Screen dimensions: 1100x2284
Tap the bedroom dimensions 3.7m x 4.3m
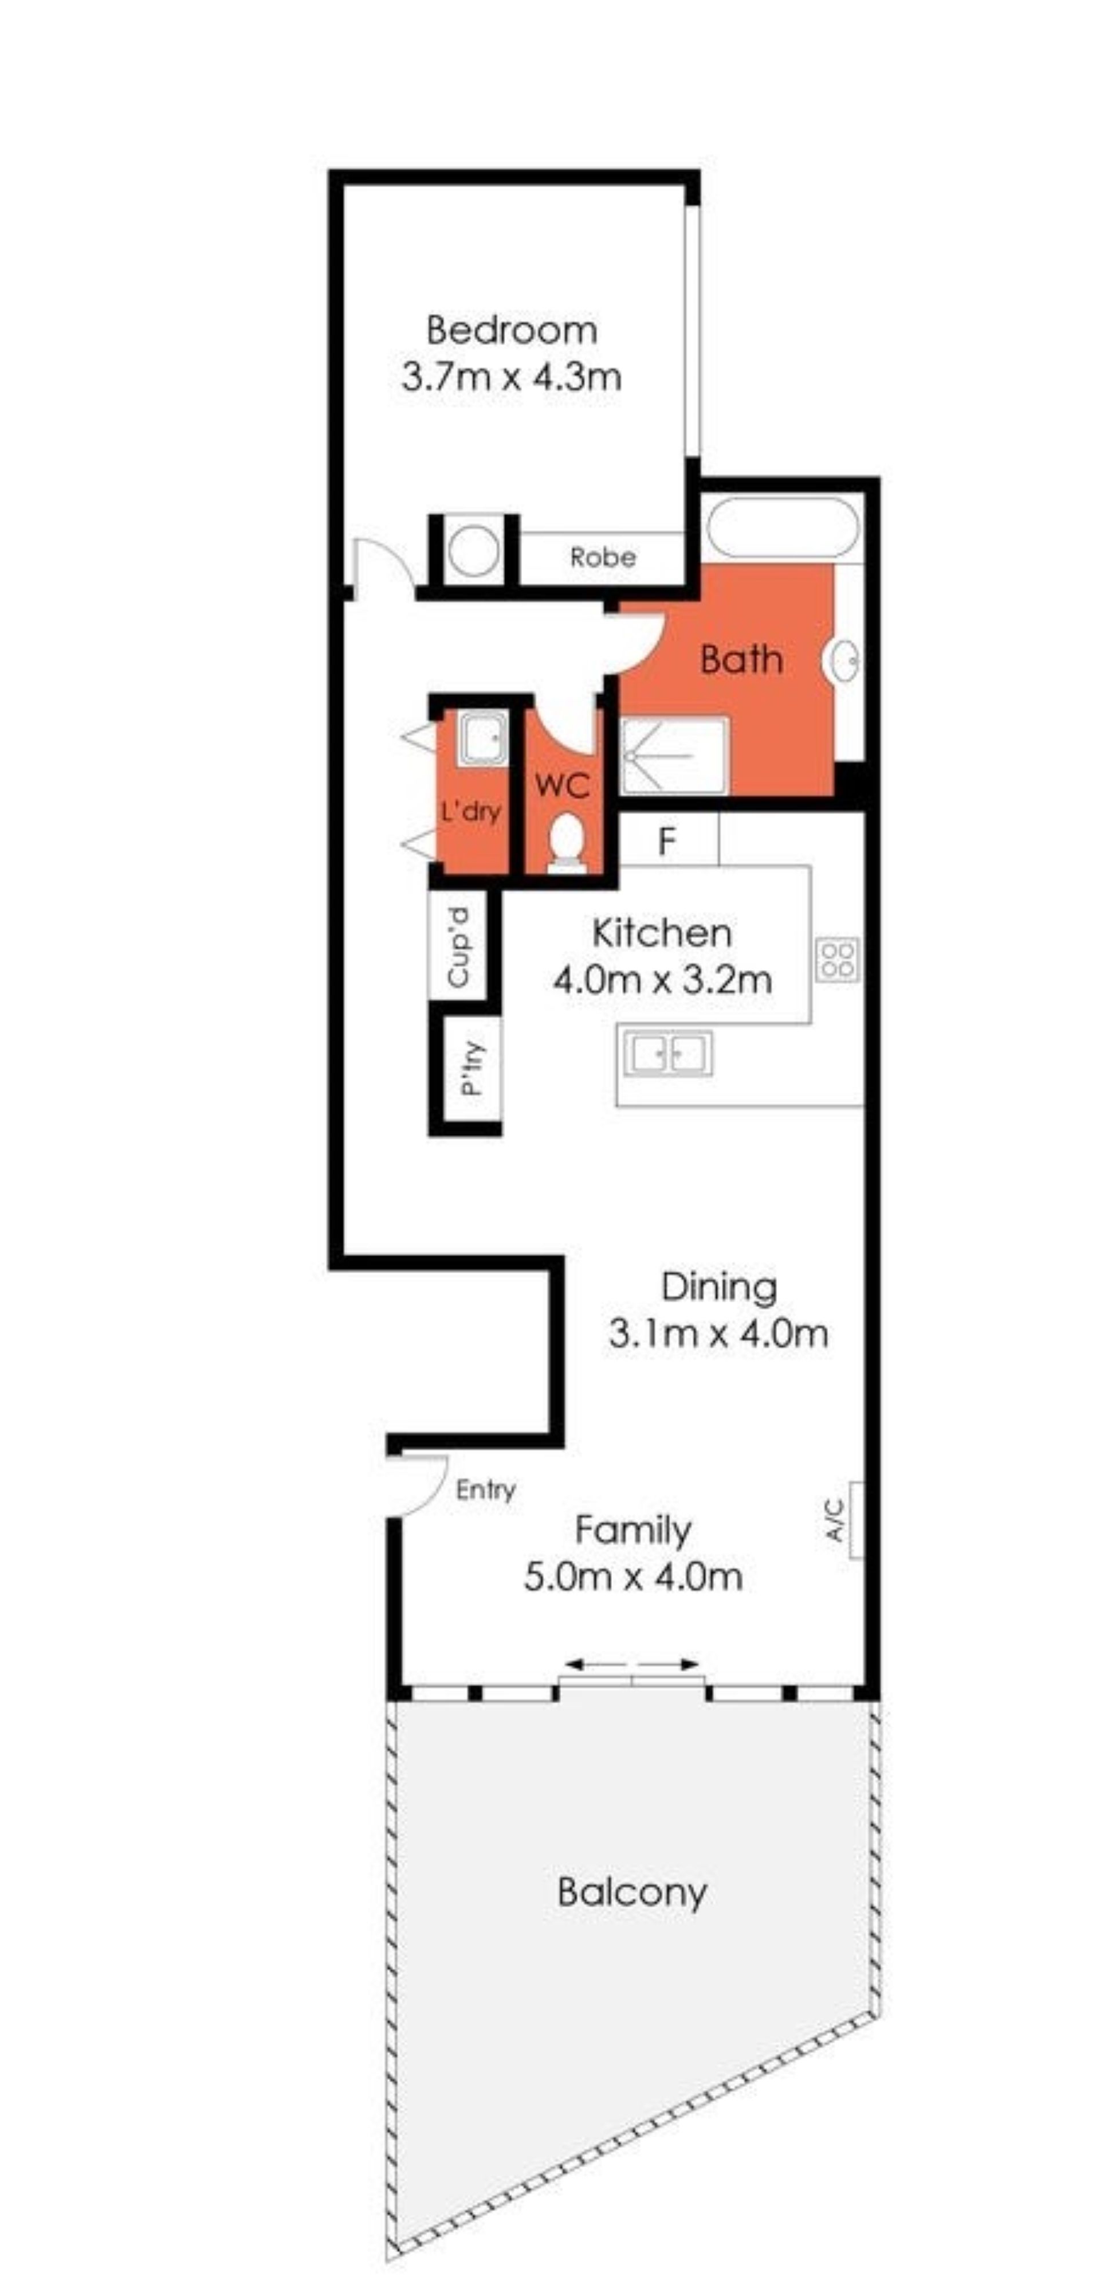click(512, 377)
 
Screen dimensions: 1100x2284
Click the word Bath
click(741, 660)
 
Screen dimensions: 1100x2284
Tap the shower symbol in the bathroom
click(674, 756)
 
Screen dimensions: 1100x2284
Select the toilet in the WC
click(565, 842)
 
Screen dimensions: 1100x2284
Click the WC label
click(562, 785)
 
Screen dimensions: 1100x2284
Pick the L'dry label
click(471, 811)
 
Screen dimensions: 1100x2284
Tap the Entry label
click(486, 1489)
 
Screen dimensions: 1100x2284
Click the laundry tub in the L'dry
click(483, 738)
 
